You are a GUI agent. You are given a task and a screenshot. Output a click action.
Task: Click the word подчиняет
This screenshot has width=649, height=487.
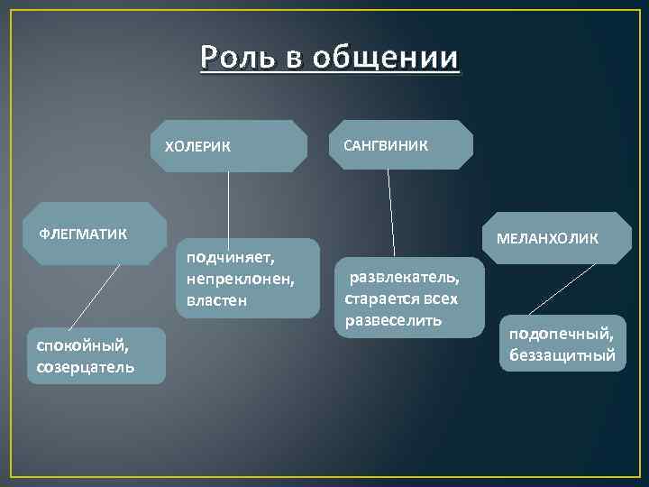(230, 258)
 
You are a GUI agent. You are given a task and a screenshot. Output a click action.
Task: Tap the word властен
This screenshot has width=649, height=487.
(217, 299)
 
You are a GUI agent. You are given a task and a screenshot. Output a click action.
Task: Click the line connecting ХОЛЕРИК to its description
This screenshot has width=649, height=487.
(228, 205)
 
